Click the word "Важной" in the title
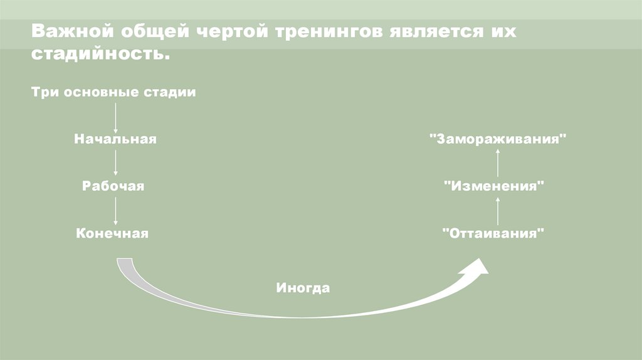point(65,31)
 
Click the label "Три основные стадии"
point(113,92)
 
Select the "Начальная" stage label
point(115,139)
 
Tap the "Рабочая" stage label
point(113,186)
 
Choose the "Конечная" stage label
point(113,233)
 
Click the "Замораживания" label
point(498,139)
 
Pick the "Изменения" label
point(493,186)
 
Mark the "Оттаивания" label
point(493,233)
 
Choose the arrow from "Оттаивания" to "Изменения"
point(498,210)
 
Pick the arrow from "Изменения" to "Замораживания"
point(498,162)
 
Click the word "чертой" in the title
point(226,31)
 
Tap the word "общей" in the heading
point(147,31)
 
